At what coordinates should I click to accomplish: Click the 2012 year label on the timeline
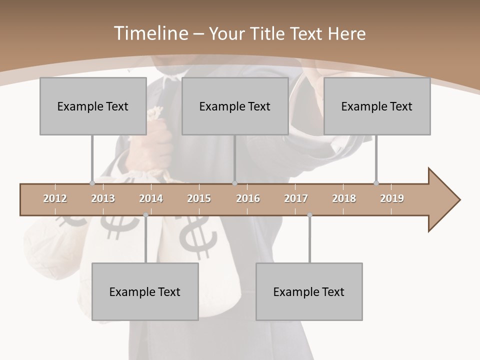55,198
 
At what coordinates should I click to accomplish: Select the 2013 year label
103,198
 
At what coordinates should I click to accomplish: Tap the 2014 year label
151,198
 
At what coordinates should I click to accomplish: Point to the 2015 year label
199,198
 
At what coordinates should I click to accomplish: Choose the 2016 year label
248,198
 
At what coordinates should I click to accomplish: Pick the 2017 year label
296,198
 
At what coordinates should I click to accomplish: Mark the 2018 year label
344,198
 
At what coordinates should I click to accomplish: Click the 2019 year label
392,198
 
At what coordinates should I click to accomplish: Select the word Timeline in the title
150,33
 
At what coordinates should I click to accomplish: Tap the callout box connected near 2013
93,106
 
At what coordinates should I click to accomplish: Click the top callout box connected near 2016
235,106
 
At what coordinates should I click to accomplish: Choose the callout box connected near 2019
377,106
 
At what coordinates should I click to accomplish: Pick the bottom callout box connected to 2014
145,291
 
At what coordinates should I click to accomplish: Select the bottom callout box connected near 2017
309,291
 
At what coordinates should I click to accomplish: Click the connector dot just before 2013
92,183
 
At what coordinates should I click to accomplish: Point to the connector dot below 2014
145,215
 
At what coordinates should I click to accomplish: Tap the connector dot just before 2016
234,183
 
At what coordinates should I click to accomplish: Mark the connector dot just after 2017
309,215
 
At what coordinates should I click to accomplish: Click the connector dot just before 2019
376,183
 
